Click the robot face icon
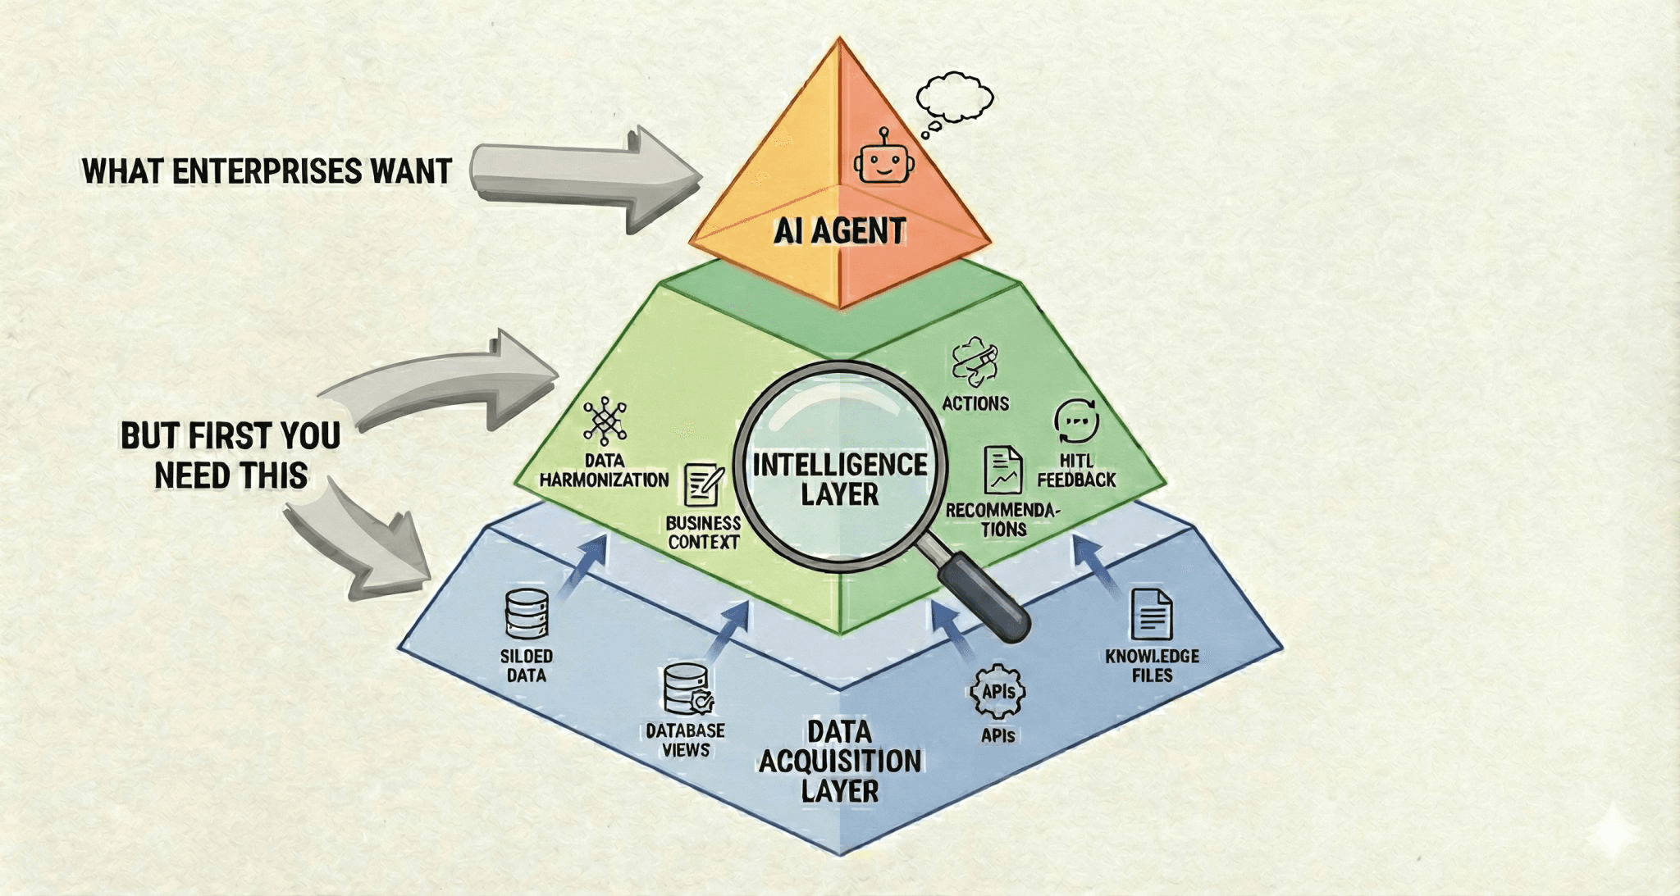(883, 158)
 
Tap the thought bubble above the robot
(954, 98)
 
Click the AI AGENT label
(839, 231)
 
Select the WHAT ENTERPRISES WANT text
(267, 171)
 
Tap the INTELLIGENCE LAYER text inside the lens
(839, 480)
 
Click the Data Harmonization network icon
(605, 421)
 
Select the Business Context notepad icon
(704, 486)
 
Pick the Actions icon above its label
(975, 362)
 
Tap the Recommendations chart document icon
(1002, 471)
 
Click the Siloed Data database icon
(527, 613)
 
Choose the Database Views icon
(687, 689)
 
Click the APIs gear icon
(997, 692)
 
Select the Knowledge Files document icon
(1151, 614)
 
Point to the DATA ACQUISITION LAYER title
(839, 762)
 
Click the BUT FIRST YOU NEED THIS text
(231, 455)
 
